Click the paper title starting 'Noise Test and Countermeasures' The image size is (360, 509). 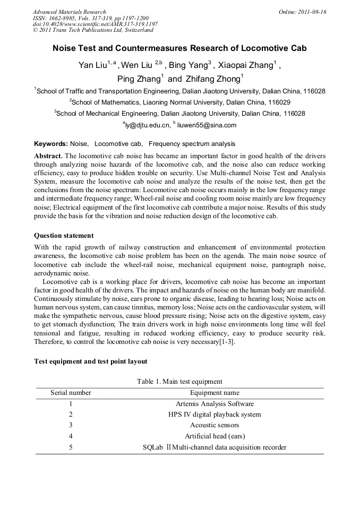[x=179, y=48]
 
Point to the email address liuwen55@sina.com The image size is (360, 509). [x=207, y=125]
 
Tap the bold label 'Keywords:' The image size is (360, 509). [x=51, y=144]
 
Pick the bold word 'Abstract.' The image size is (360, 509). [x=48, y=156]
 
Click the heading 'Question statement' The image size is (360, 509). [x=64, y=236]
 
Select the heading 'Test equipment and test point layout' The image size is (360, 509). [x=91, y=361]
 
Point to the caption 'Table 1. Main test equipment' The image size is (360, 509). [x=179, y=381]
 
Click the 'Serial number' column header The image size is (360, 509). [x=71, y=393]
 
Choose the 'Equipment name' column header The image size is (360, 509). [x=215, y=393]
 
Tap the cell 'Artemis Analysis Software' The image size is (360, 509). [x=215, y=404]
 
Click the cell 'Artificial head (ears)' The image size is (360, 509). [x=215, y=436]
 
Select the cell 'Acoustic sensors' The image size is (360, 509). [x=215, y=425]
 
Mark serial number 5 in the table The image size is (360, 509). [x=71, y=447]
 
